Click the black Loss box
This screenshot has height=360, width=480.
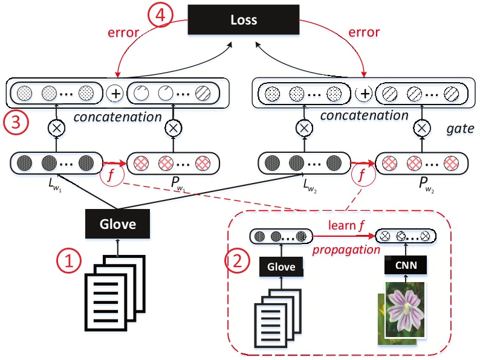pos(244,20)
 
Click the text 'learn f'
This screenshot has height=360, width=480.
pos(342,225)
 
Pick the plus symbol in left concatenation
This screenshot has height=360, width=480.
pos(115,94)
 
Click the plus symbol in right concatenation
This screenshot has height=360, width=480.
pos(365,94)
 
